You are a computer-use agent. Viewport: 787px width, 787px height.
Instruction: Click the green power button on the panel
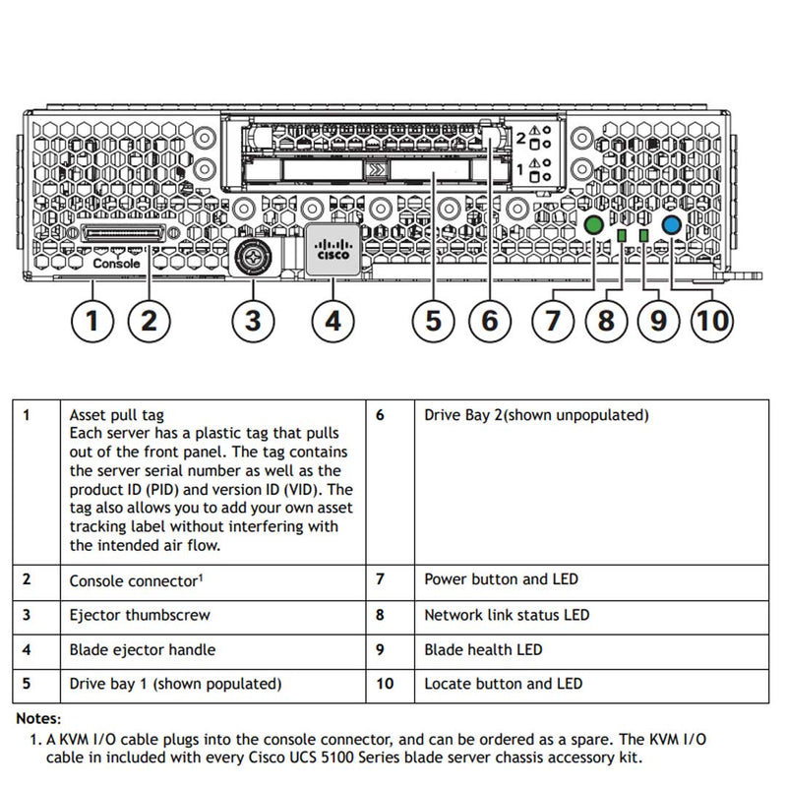coord(593,225)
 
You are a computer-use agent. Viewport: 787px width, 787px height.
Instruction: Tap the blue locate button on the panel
coord(672,225)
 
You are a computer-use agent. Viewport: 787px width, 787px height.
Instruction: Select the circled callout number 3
coord(253,320)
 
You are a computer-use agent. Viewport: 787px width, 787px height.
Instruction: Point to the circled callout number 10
coord(712,320)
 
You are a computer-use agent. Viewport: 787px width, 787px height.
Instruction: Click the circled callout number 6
coord(489,320)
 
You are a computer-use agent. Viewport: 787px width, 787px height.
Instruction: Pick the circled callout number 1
coord(92,320)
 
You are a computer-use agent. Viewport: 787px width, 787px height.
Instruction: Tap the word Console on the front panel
coord(116,264)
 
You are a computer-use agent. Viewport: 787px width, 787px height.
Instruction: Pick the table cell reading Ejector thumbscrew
coord(139,616)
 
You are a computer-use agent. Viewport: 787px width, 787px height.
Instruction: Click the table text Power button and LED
coord(501,580)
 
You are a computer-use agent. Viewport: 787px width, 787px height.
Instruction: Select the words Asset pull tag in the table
coord(117,416)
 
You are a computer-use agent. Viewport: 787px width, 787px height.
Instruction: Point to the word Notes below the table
coord(38,720)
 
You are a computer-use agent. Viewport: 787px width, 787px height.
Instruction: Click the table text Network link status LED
coord(506,616)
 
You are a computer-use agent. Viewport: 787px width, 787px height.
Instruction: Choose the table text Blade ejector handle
coord(142,650)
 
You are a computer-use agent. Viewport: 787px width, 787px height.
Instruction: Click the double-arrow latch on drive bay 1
coord(375,171)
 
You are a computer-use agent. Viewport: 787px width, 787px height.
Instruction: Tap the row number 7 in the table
coord(381,580)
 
